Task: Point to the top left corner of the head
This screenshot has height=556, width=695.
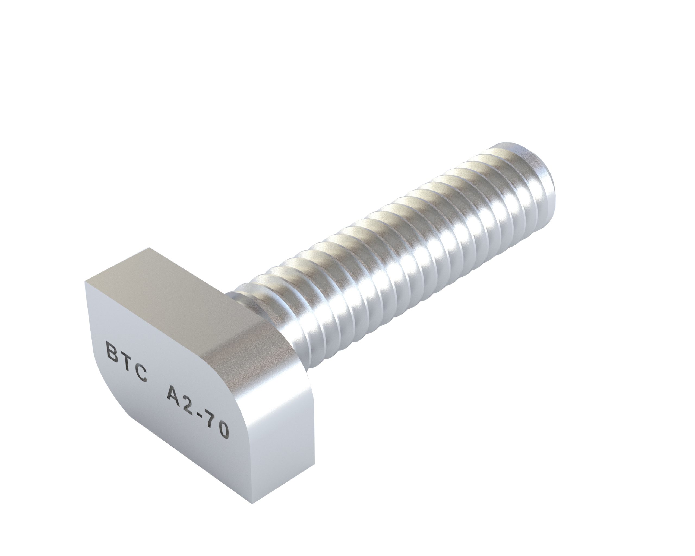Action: [86, 282]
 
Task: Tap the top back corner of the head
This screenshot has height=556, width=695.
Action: [150, 248]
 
